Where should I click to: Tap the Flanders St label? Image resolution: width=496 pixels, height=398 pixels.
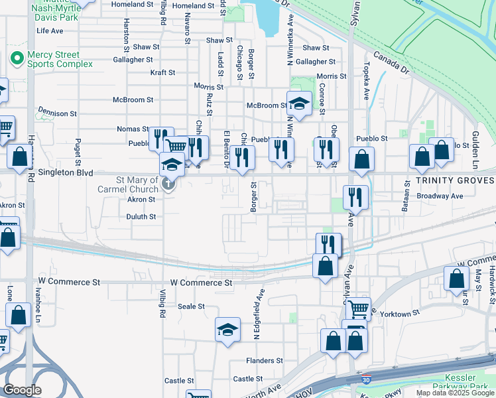coord(265,361)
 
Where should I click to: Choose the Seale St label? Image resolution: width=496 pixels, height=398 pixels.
coord(192,306)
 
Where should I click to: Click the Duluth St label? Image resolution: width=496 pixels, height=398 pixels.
coord(141,216)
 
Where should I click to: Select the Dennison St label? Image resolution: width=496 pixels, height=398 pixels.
coord(58,113)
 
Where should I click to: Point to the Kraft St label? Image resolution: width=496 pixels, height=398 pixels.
coord(162,72)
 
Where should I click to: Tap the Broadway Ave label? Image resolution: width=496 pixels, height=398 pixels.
coord(440,196)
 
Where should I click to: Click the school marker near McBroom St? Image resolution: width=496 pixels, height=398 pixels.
coord(299,103)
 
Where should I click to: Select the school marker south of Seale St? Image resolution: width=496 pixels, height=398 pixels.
coord(227,329)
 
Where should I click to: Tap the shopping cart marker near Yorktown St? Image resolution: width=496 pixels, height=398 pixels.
coord(357,308)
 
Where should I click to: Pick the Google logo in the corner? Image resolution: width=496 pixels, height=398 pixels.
coord(23,390)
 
